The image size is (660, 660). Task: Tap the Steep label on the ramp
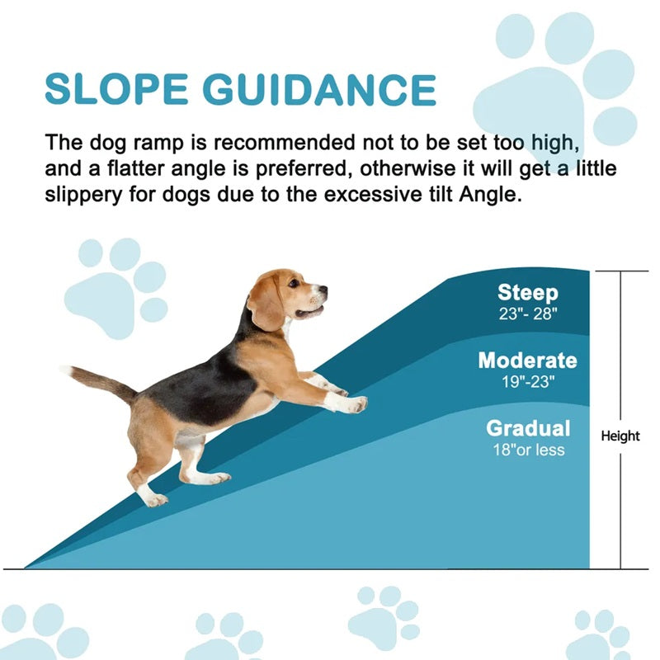pyautogui.click(x=527, y=293)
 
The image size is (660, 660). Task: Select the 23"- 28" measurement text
pyautogui.click(x=527, y=314)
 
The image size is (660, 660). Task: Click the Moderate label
pyautogui.click(x=527, y=361)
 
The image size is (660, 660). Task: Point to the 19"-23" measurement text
pyautogui.click(x=527, y=382)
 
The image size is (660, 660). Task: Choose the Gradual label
pyautogui.click(x=528, y=428)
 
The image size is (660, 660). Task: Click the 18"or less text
pyautogui.click(x=528, y=450)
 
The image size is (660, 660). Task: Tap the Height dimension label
pyautogui.click(x=620, y=436)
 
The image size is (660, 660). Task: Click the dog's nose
pyautogui.click(x=323, y=290)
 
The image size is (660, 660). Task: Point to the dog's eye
pyautogui.click(x=294, y=284)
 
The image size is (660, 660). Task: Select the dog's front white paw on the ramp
pyautogui.click(x=354, y=404)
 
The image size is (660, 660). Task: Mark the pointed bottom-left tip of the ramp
pyautogui.click(x=26, y=567)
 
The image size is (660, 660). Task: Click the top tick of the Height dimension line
pyautogui.click(x=620, y=271)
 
